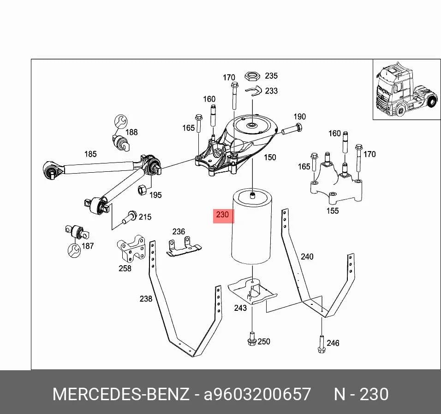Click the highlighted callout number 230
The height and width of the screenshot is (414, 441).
point(222,215)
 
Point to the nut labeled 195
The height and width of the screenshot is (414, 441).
point(142,190)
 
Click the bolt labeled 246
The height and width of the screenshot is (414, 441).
point(322,344)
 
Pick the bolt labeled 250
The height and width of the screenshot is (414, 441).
point(252,339)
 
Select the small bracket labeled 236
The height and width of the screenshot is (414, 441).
point(184,246)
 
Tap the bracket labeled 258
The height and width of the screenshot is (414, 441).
point(131,248)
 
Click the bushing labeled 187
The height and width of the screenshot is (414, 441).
point(77,231)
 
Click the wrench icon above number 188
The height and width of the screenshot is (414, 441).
point(121,122)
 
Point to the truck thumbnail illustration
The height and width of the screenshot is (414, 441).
point(407,89)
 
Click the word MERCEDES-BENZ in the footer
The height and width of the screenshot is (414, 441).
point(121,394)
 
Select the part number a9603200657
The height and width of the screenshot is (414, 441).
point(257,394)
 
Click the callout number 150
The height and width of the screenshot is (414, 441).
point(270,157)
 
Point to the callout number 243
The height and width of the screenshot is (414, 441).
point(240,308)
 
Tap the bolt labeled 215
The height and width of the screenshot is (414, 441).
point(130,217)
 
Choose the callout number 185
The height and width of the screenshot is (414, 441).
point(90,154)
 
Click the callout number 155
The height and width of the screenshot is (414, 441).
point(333,211)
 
